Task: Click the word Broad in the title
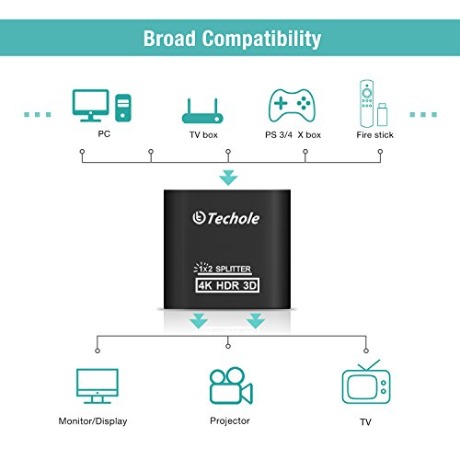click(x=171, y=39)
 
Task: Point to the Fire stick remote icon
click(x=369, y=104)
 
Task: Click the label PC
click(x=104, y=134)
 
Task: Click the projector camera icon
click(x=230, y=385)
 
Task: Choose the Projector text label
click(x=228, y=420)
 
